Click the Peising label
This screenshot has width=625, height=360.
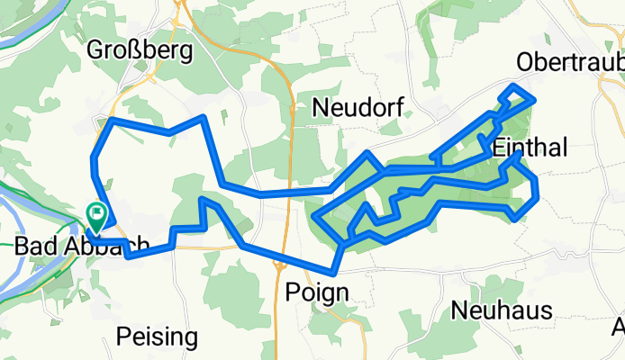point(158,337)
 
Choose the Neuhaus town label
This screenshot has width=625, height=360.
point(490,310)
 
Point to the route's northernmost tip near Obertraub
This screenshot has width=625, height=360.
point(514,86)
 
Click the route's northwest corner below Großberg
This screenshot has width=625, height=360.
point(111,121)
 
